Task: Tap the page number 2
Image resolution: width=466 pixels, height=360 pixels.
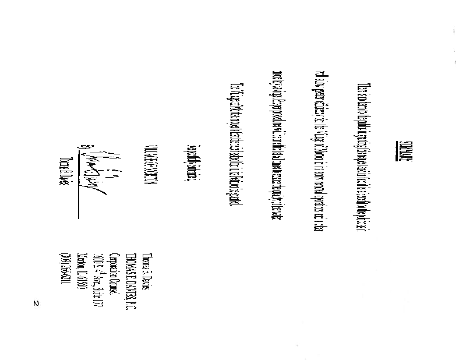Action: pyautogui.click(x=36, y=305)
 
